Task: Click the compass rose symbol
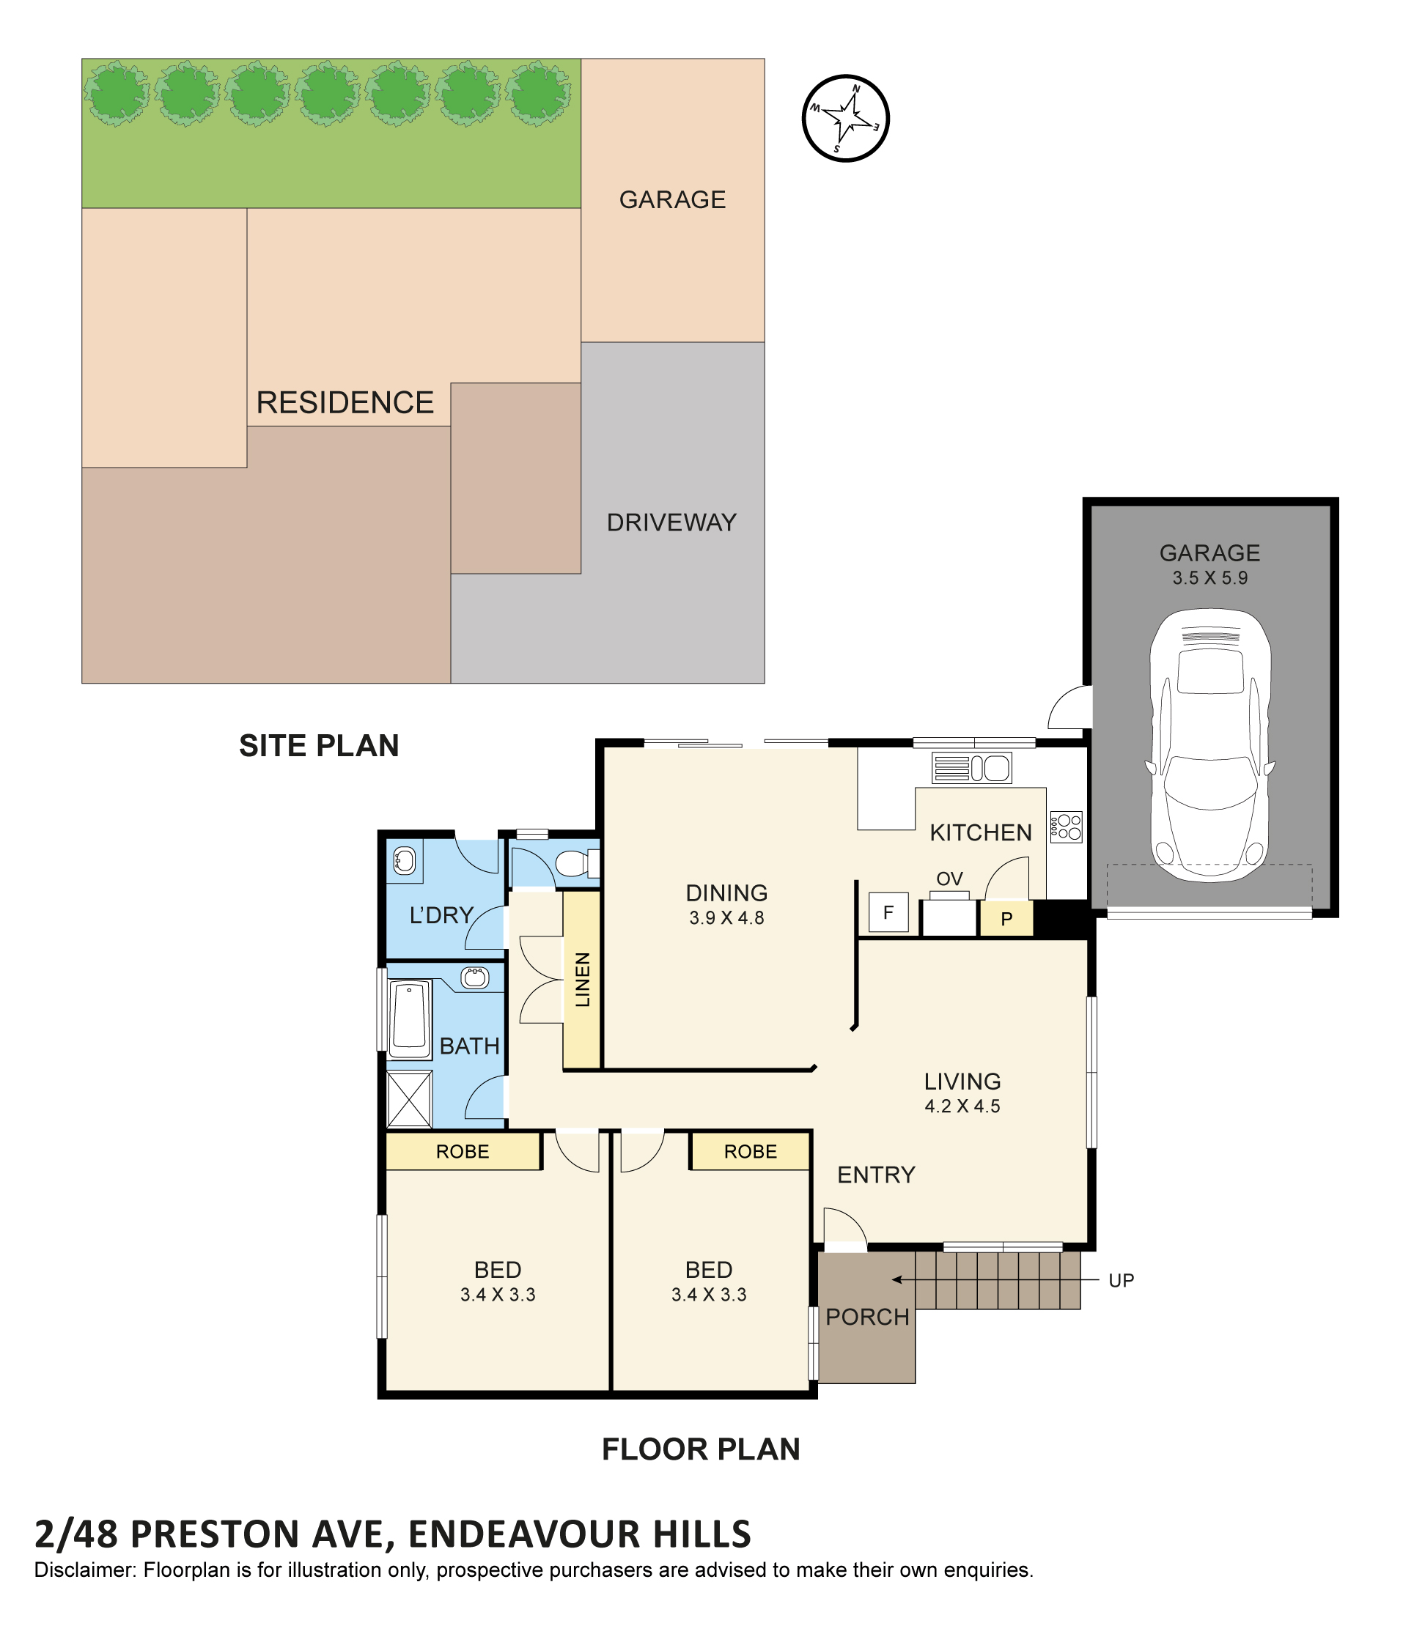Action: click(845, 118)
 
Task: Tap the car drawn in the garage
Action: click(1209, 744)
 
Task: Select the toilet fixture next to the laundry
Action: click(576, 863)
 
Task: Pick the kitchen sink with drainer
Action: click(971, 768)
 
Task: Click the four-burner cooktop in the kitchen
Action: click(1066, 827)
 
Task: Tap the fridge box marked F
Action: click(888, 912)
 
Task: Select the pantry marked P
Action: click(1006, 919)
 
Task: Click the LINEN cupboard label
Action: click(582, 980)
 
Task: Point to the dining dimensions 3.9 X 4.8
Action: click(726, 918)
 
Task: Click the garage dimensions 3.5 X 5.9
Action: click(1209, 578)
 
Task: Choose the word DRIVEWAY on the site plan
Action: click(671, 522)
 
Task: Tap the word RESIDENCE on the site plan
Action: click(345, 402)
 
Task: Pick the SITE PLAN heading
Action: click(318, 745)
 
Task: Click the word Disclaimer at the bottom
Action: click(85, 1570)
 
